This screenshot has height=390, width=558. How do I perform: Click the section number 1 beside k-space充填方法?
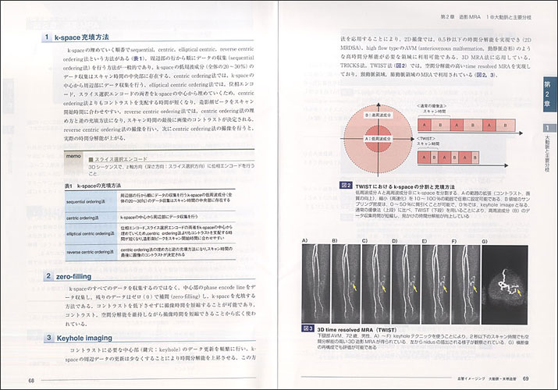48,37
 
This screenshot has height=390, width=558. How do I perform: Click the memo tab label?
73,157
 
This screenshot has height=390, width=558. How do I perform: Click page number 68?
32,380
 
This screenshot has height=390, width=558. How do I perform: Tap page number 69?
527,380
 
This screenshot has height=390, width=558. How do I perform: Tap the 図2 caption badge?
347,185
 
